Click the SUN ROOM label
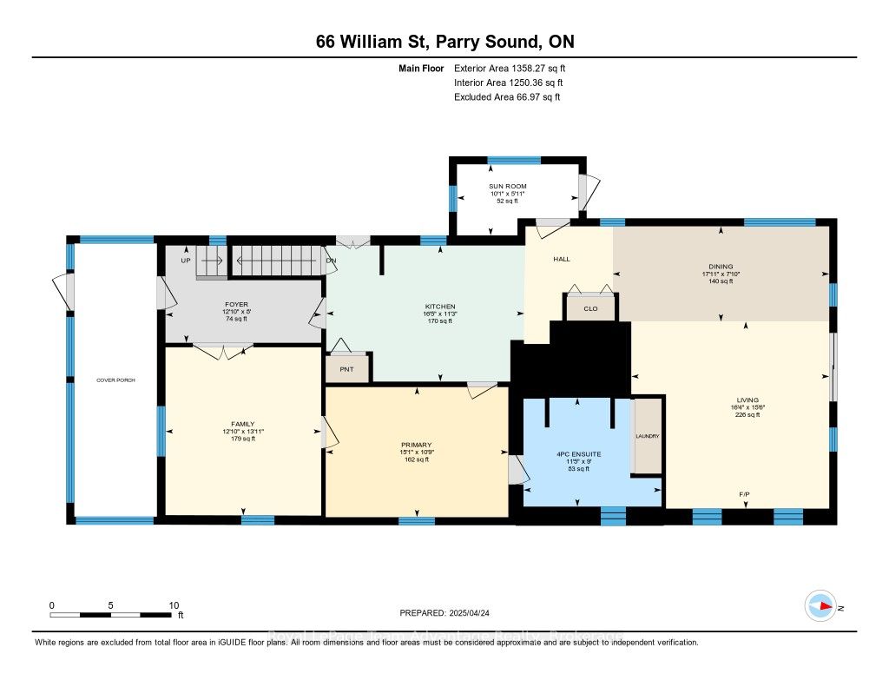pyautogui.click(x=507, y=186)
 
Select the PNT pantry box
pyautogui.click(x=348, y=368)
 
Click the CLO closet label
pyautogui.click(x=590, y=308)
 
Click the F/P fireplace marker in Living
pyautogui.click(x=744, y=495)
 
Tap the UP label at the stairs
pyautogui.click(x=185, y=260)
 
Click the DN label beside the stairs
pyautogui.click(x=330, y=260)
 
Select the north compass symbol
pyautogui.click(x=820, y=606)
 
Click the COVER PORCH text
pyautogui.click(x=115, y=381)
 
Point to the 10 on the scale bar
pyautogui.click(x=174, y=605)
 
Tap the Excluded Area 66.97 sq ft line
pyautogui.click(x=507, y=97)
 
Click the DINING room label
pyautogui.click(x=721, y=267)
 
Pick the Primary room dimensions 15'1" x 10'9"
pyautogui.click(x=417, y=452)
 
